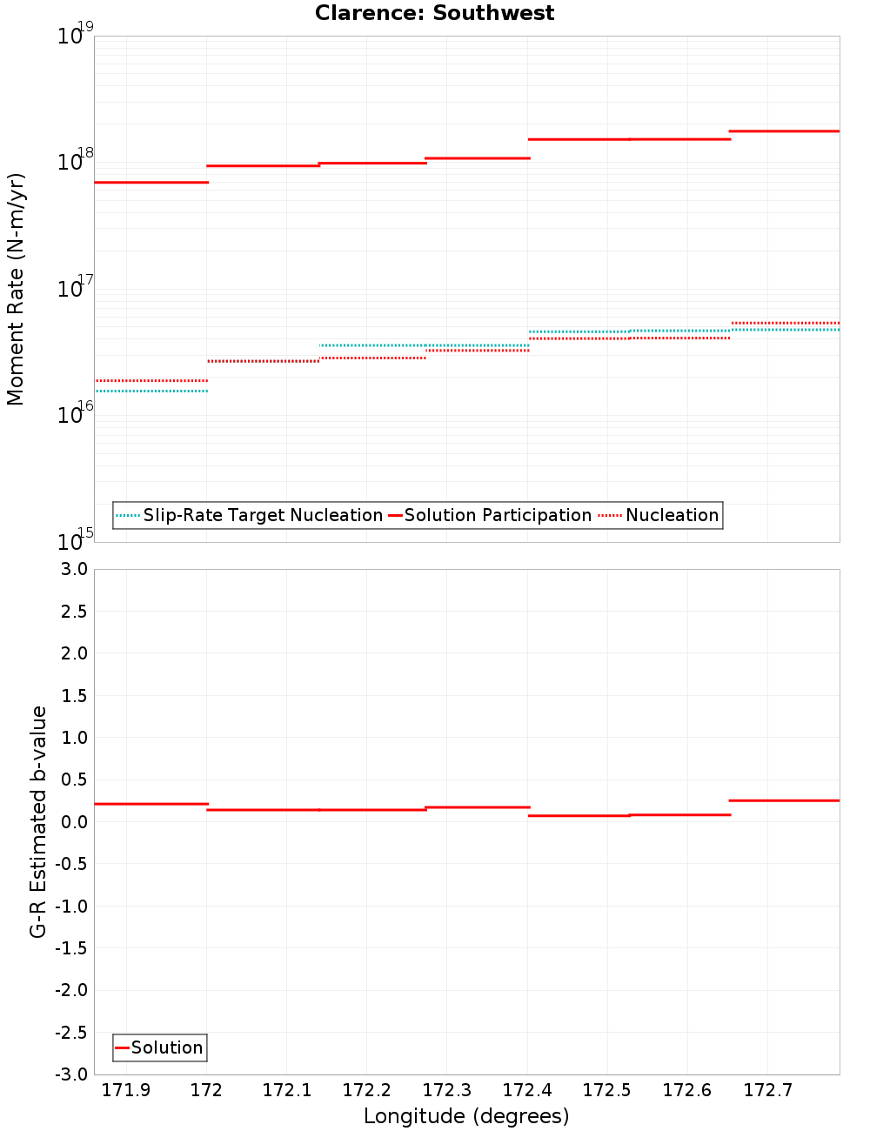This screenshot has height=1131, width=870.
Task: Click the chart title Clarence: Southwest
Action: pos(434,13)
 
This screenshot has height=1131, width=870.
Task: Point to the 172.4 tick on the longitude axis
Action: pos(527,1090)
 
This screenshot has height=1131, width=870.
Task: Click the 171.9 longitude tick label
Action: pos(126,1090)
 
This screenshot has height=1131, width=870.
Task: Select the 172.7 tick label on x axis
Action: pos(767,1090)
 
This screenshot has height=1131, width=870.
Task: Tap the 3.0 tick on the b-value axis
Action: pos(73,570)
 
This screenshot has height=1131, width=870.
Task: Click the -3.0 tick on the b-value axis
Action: pos(71,1075)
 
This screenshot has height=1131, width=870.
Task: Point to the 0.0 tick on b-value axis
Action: pos(73,822)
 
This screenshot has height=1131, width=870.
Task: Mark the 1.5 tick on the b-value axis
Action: pos(73,696)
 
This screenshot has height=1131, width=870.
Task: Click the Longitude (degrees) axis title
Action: pos(466,1116)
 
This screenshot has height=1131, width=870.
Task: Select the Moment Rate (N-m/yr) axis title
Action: pos(16,289)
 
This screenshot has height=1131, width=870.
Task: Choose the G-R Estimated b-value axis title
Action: pos(38,822)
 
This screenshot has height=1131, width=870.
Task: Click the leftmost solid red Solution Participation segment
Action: pos(151,183)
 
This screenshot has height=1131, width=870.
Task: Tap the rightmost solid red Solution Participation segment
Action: pos(785,131)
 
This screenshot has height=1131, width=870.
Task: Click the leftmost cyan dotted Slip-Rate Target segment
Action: pos(151,391)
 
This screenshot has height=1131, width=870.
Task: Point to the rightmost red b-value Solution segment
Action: pos(785,800)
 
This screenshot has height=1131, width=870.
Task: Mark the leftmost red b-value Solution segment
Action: pos(151,804)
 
